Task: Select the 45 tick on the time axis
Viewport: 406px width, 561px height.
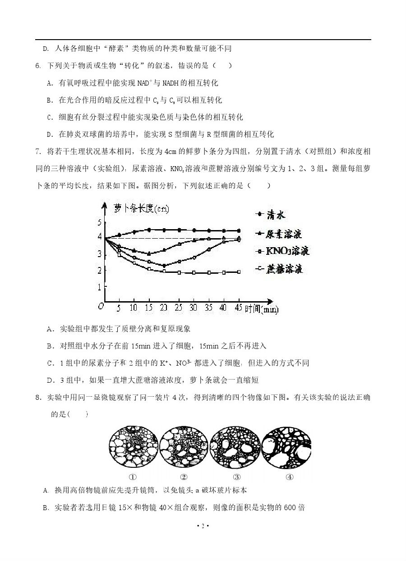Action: point(239,308)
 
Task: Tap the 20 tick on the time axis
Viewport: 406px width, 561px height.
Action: point(164,308)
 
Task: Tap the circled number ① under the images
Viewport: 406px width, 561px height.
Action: point(133,477)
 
